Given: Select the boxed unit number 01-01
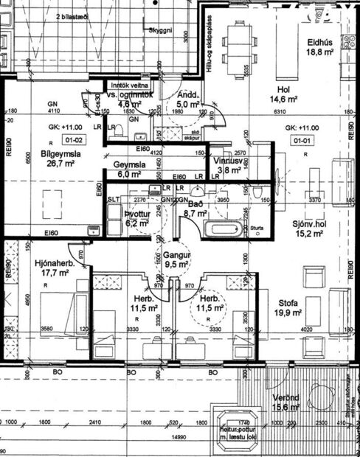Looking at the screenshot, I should (x=300, y=137).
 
